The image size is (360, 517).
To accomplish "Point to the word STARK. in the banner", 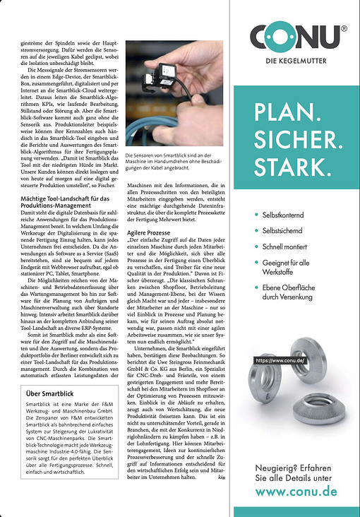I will [x=291, y=168].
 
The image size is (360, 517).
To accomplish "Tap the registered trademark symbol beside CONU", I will [x=344, y=29].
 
